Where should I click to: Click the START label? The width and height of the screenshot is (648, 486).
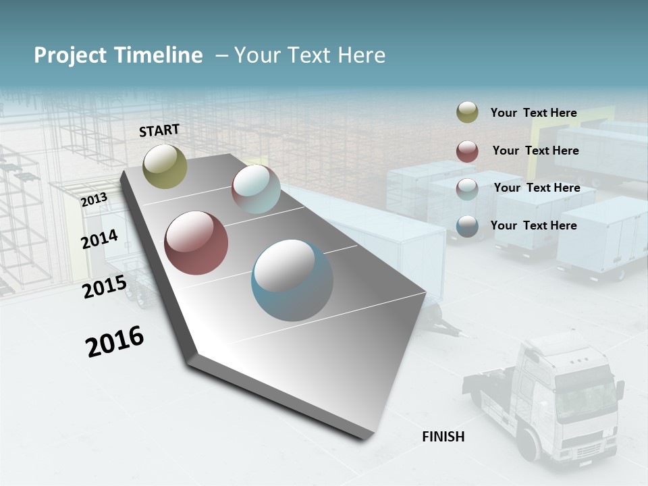point(159,130)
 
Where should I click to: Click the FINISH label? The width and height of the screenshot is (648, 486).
point(443,437)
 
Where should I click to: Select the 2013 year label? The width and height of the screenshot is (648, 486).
point(94,200)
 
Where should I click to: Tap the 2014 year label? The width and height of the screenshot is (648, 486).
point(100,240)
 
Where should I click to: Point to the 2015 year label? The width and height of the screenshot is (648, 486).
point(105,288)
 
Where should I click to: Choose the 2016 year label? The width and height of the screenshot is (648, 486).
point(115,342)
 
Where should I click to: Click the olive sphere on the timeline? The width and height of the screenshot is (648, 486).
point(165,166)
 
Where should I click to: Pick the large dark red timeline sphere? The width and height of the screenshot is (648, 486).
point(196,243)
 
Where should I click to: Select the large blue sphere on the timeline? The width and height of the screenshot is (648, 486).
point(292,280)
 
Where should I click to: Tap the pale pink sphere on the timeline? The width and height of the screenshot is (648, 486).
point(256,189)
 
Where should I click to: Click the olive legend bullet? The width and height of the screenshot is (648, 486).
point(467,113)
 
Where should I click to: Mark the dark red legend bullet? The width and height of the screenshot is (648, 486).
point(467,151)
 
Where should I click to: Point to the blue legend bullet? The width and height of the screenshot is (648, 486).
point(467,226)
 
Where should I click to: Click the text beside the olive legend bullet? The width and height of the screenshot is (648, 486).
point(533,113)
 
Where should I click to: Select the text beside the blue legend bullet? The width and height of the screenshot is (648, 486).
point(533,225)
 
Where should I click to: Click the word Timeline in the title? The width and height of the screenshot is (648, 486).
point(159,55)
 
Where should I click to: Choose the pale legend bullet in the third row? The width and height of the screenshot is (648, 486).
point(467,189)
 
